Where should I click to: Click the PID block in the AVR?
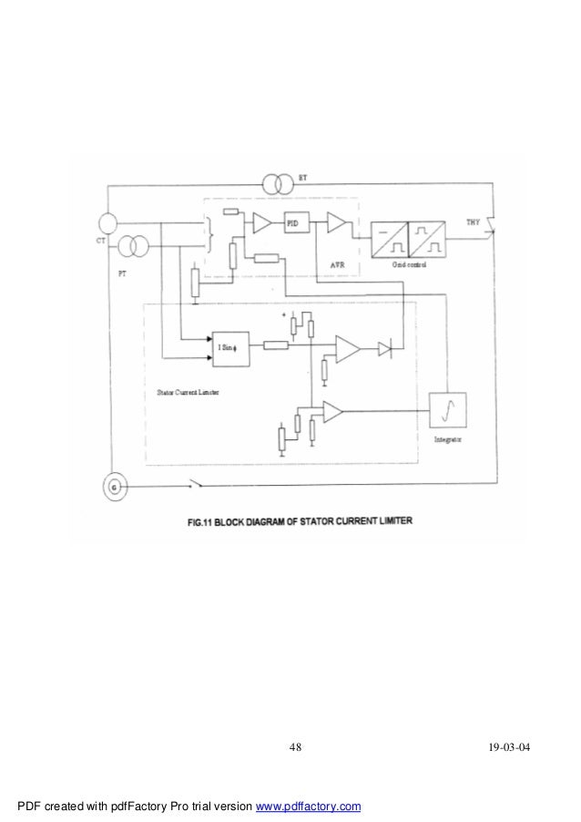click(x=293, y=221)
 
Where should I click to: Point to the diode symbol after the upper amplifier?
click(x=386, y=345)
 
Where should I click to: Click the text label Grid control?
click(x=408, y=263)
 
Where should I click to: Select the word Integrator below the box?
click(x=447, y=439)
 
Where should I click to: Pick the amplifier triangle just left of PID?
click(x=261, y=221)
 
